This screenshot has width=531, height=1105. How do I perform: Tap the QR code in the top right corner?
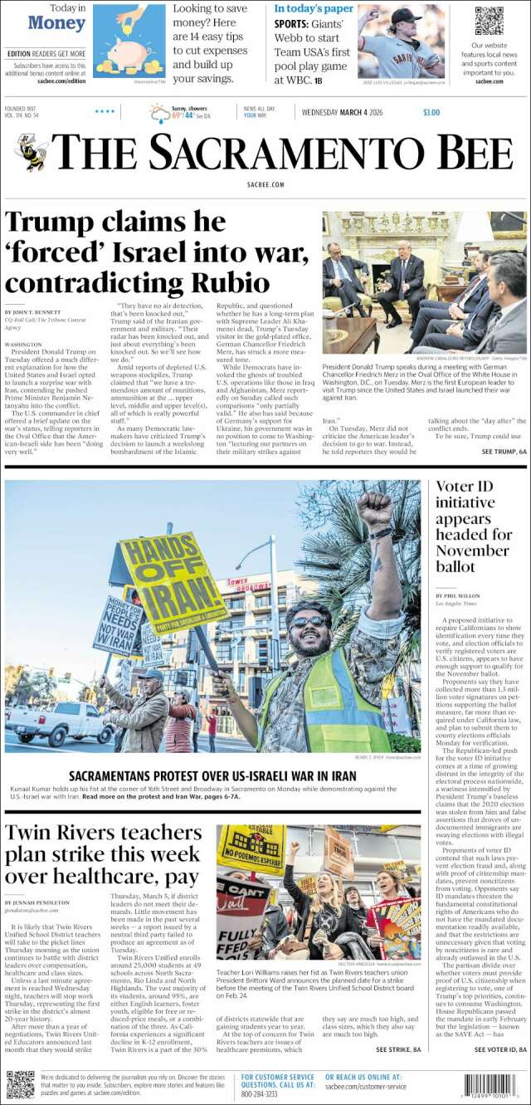(x=489, y=21)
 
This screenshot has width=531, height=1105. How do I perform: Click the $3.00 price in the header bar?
(x=431, y=113)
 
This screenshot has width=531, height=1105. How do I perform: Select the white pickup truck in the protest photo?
(x=58, y=722)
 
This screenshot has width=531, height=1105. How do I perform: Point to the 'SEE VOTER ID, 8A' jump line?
(x=499, y=1050)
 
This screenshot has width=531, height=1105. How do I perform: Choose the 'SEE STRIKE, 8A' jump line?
(x=399, y=1050)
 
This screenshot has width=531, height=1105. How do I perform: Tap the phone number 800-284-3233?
(x=259, y=1094)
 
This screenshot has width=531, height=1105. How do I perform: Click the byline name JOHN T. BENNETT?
(x=37, y=311)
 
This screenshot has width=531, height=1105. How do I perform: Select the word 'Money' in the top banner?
(x=56, y=23)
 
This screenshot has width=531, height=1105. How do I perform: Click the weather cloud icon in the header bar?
(x=158, y=113)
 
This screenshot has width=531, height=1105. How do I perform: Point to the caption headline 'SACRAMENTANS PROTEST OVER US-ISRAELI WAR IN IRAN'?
(x=212, y=776)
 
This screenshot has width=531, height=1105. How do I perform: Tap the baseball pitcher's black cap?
(x=405, y=15)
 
